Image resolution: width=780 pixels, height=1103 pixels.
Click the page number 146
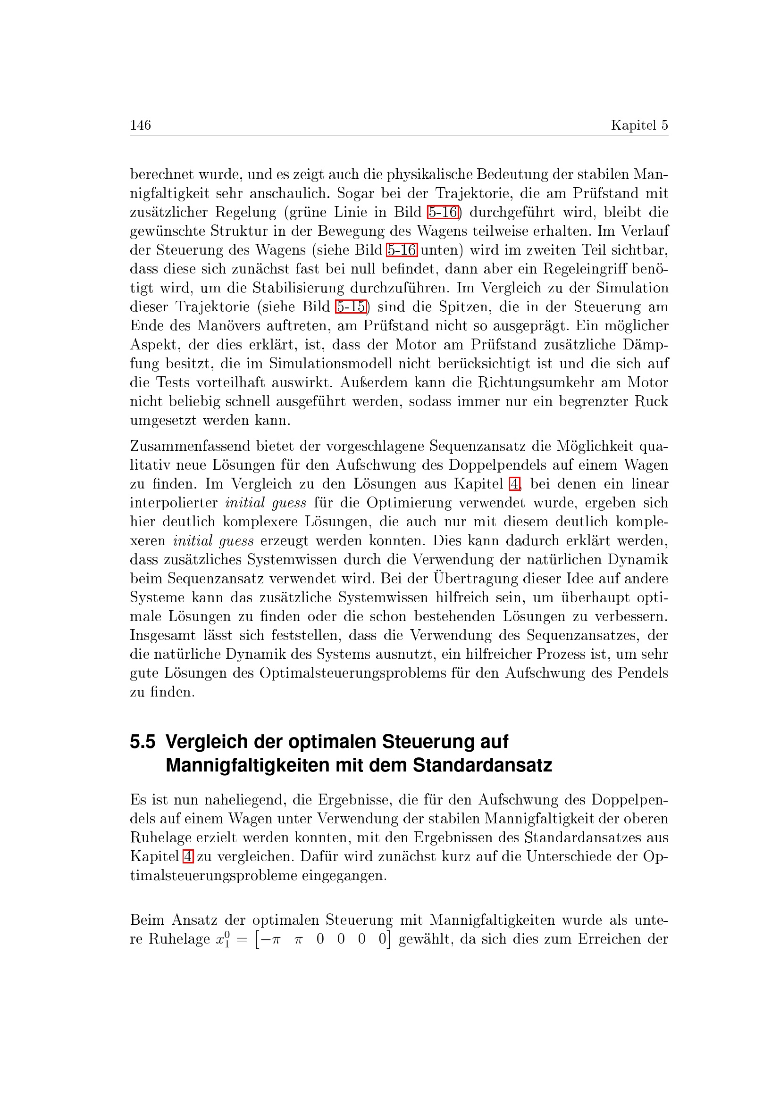click(x=140, y=125)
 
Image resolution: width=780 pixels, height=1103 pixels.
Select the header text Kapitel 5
click(x=639, y=125)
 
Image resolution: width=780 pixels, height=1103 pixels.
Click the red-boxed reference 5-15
click(x=351, y=307)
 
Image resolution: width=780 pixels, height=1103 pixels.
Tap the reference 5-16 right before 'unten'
click(x=402, y=250)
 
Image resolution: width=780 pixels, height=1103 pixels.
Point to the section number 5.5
click(x=142, y=742)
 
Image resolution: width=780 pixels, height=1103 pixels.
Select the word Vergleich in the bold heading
click(x=207, y=742)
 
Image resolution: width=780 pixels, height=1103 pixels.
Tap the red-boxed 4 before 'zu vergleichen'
click(x=188, y=856)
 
